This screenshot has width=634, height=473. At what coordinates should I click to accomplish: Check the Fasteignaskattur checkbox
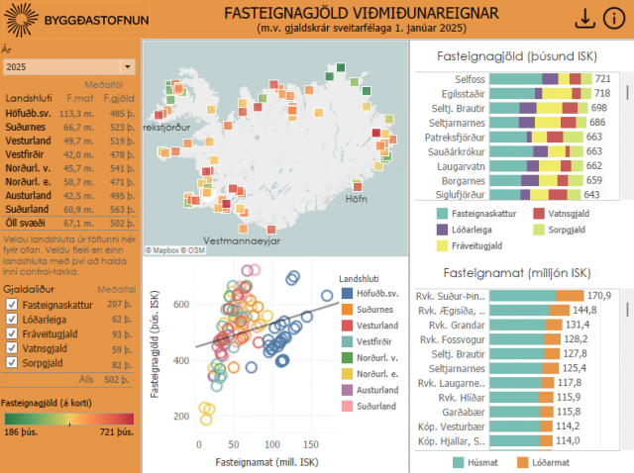pos(11,305)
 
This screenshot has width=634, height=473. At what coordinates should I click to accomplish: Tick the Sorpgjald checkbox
pos(11,363)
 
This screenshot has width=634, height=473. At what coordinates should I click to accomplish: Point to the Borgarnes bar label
pos(463,181)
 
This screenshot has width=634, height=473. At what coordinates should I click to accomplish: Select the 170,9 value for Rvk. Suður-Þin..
pos(599,296)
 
